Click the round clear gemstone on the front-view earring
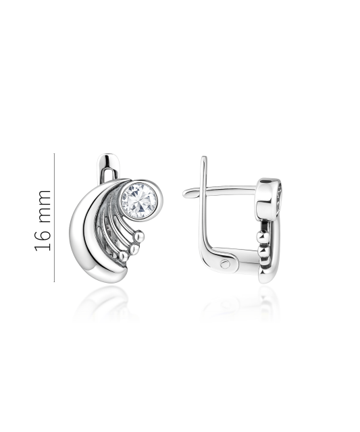pos(140,198)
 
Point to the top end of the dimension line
pos(54,155)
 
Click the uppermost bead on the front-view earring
pos(140,237)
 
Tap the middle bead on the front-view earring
pos(134,249)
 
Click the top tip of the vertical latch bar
pos(203,159)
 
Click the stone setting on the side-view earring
pos(278,196)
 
